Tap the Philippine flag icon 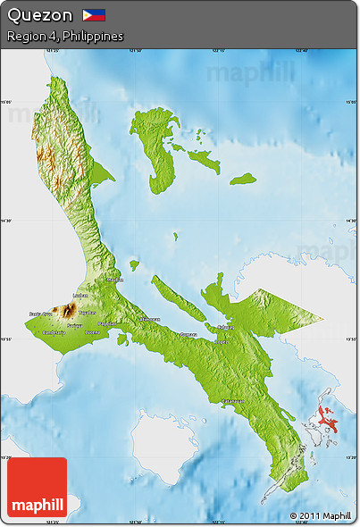94,15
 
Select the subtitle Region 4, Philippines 64,37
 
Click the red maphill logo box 37,487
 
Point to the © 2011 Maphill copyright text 320,515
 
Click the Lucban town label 80,295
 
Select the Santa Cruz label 40,314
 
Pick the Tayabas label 87,314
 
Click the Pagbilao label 107,323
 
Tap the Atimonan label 149,319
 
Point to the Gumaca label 188,335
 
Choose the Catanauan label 234,401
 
